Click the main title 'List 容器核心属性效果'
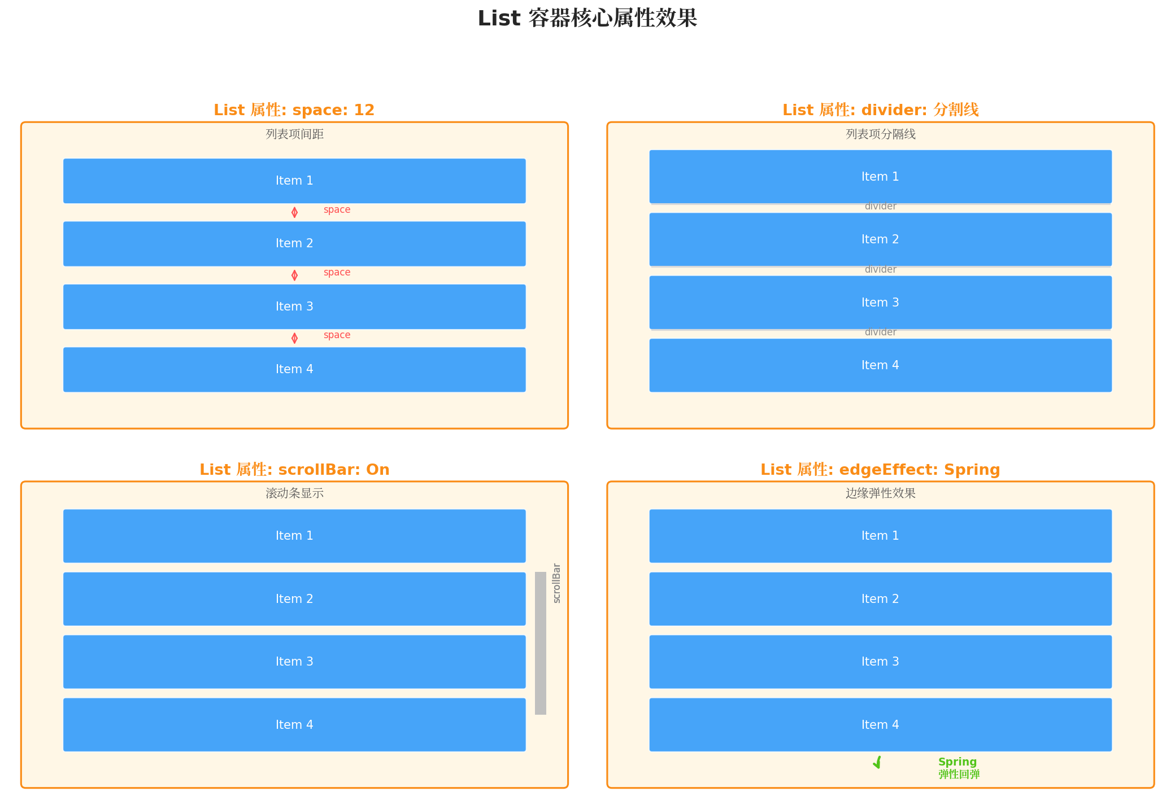tap(587, 18)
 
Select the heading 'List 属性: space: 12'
tap(294, 110)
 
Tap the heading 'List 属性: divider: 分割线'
tap(880, 110)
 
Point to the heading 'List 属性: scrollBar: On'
tap(294, 469)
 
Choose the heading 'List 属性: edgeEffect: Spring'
tap(880, 469)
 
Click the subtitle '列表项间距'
tap(294, 134)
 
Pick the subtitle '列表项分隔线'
tap(880, 134)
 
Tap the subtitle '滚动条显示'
tap(294, 493)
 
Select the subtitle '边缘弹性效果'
tap(880, 493)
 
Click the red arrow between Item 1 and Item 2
tap(294, 212)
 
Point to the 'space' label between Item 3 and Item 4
tap(337, 335)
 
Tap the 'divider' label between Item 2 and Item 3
tap(880, 269)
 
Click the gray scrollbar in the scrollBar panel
tap(541, 643)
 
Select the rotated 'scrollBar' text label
tap(556, 583)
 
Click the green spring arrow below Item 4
tap(877, 763)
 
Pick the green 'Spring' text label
tap(957, 762)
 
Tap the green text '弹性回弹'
tap(959, 775)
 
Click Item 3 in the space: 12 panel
tap(294, 307)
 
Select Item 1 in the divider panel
tap(880, 177)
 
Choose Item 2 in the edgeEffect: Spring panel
tap(880, 599)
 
